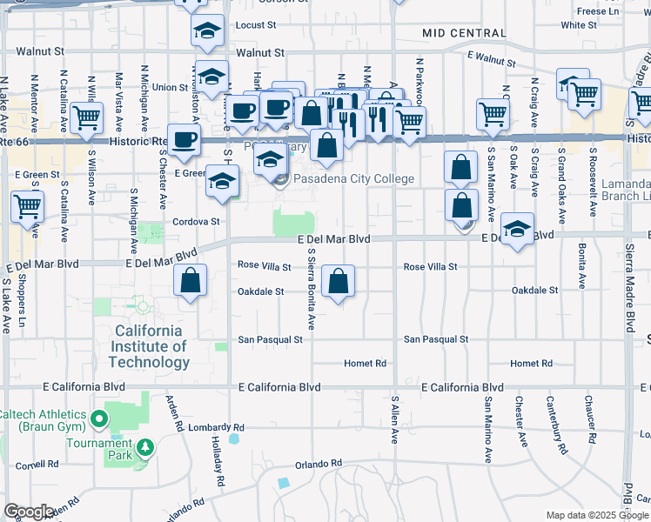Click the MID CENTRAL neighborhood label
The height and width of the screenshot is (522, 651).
(463, 33)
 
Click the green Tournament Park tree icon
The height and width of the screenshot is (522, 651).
(145, 447)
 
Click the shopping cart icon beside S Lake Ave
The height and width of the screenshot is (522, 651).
(27, 207)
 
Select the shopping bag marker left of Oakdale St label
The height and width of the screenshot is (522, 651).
(190, 281)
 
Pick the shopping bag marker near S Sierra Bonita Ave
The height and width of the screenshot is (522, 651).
(339, 281)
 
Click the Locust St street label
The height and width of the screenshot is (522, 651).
(255, 26)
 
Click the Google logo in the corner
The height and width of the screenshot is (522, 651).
(29, 512)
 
